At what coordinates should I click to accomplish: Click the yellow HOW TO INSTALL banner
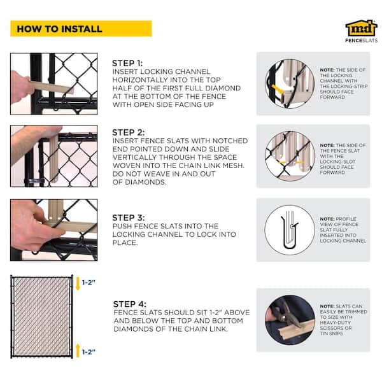coord(81,29)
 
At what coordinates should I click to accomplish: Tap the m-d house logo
coord(361,28)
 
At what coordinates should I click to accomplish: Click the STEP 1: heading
coord(127,63)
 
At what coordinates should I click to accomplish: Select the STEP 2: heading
coord(128,132)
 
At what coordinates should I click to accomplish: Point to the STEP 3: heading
coord(128,218)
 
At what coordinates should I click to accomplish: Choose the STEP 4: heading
coord(130,304)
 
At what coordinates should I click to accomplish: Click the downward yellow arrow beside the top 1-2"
coord(78,283)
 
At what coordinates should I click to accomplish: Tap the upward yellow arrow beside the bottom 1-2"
coord(78,351)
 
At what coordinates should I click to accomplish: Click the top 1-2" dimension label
coord(88,283)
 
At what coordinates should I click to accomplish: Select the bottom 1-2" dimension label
coord(88,352)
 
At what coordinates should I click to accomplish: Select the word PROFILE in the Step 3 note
coord(346,219)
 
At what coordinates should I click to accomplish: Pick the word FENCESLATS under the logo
coord(361,41)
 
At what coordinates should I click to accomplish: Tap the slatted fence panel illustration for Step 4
coord(41,316)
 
